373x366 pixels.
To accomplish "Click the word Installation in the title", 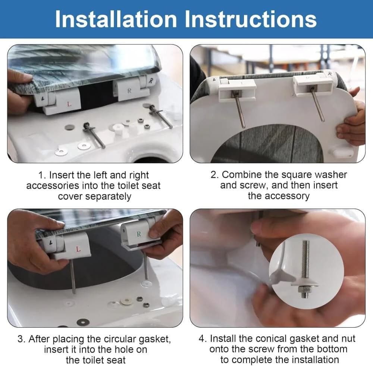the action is click(x=116, y=19).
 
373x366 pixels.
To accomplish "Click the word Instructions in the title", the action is click(x=251, y=19).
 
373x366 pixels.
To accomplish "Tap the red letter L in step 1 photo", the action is click(x=69, y=104).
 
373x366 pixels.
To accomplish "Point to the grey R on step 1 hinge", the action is click(x=129, y=91).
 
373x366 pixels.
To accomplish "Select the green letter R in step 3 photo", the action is click(x=139, y=234).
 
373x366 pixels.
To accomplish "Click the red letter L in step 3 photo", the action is click(x=78, y=249).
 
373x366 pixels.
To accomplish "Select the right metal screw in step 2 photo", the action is click(x=317, y=104).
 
